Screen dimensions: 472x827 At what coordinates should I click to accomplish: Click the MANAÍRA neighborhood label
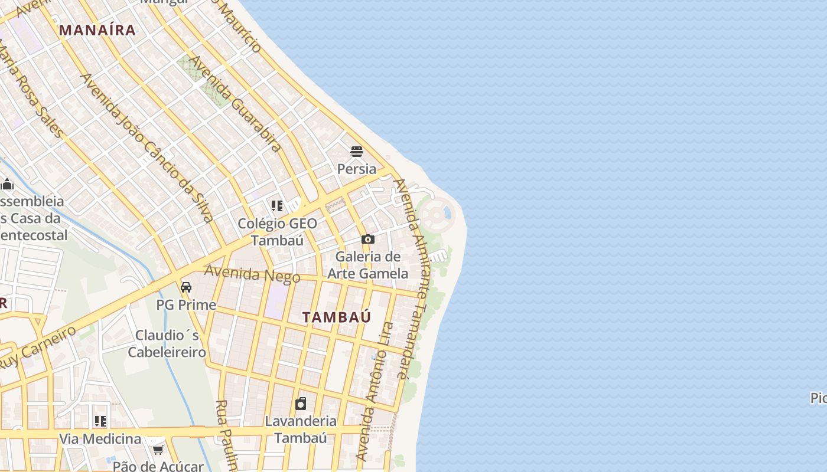click(x=97, y=30)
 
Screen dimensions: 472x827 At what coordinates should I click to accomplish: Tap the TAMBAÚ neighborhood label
click(x=337, y=317)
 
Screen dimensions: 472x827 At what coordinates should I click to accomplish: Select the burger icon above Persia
click(x=356, y=152)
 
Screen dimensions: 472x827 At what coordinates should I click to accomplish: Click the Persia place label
click(x=356, y=169)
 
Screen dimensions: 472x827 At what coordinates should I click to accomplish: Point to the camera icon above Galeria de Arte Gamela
click(x=368, y=239)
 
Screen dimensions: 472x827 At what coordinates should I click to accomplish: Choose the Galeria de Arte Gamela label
click(x=368, y=265)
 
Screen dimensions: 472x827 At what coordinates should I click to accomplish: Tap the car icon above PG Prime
click(x=186, y=287)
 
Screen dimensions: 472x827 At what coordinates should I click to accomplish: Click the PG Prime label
click(x=186, y=305)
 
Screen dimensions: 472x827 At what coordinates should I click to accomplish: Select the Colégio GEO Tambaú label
click(x=277, y=232)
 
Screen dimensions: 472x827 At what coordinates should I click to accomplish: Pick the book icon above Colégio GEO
click(x=276, y=206)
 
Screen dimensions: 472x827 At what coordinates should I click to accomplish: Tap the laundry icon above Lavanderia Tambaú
click(x=301, y=404)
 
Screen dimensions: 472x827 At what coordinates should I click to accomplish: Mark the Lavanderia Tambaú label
click(x=301, y=430)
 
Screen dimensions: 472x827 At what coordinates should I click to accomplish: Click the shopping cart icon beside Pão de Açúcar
click(x=158, y=450)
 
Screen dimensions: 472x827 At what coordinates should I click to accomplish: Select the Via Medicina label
click(x=100, y=439)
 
